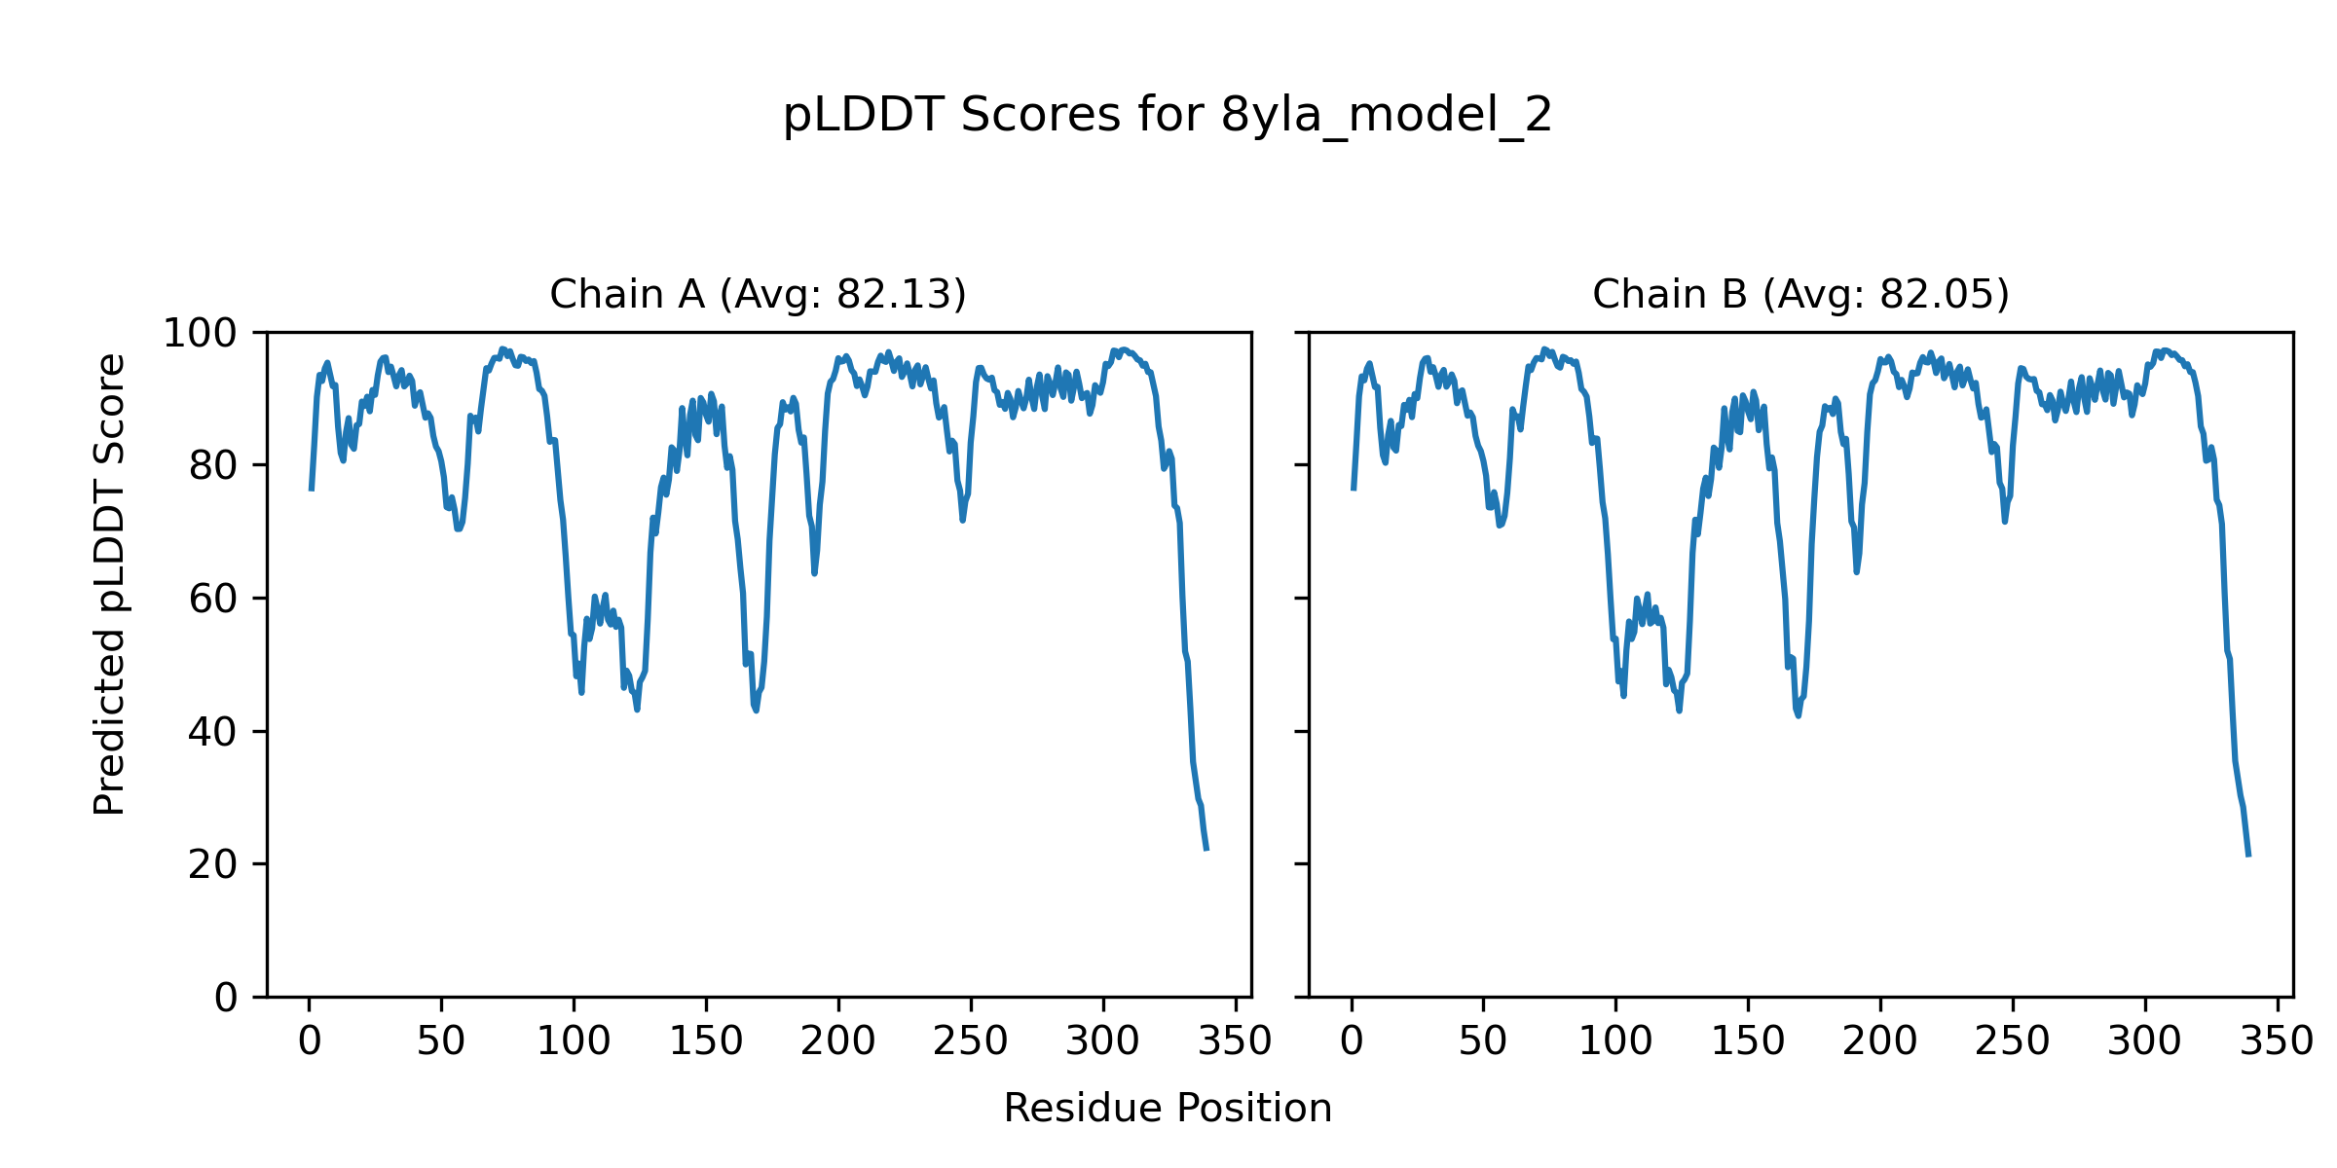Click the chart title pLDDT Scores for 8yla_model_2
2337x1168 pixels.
pyautogui.click(x=1168, y=116)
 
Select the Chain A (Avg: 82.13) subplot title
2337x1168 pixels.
pyautogui.click(x=758, y=294)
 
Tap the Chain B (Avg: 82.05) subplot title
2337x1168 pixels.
pyautogui.click(x=1800, y=294)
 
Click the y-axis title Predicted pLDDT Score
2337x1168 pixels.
pyautogui.click(x=110, y=584)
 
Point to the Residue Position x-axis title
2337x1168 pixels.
pyautogui.click(x=1168, y=1109)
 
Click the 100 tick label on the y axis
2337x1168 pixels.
pyautogui.click(x=200, y=334)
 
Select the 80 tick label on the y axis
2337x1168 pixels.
pyautogui.click(x=213, y=466)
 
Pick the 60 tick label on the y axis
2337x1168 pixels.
pyautogui.click(x=213, y=600)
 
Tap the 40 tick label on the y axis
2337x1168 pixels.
pyautogui.click(x=213, y=732)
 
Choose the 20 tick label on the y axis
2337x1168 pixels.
pyautogui.click(x=213, y=864)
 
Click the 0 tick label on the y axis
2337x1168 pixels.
pyautogui.click(x=226, y=998)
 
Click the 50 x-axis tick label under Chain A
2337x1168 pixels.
pyautogui.click(x=441, y=1041)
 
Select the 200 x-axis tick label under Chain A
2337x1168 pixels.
pyautogui.click(x=838, y=1041)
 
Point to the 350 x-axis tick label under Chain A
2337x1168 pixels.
pyautogui.click(x=1236, y=1041)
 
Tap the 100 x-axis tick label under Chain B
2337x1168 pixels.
pyautogui.click(x=1615, y=1041)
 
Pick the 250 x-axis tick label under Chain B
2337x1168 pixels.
pyautogui.click(x=2013, y=1041)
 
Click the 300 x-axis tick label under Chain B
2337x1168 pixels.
pyautogui.click(x=2145, y=1041)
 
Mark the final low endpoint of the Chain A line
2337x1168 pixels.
pyautogui.click(x=1206, y=850)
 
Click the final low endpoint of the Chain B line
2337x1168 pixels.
pyautogui.click(x=2248, y=856)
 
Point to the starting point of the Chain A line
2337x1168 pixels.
pyautogui.click(x=311, y=490)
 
